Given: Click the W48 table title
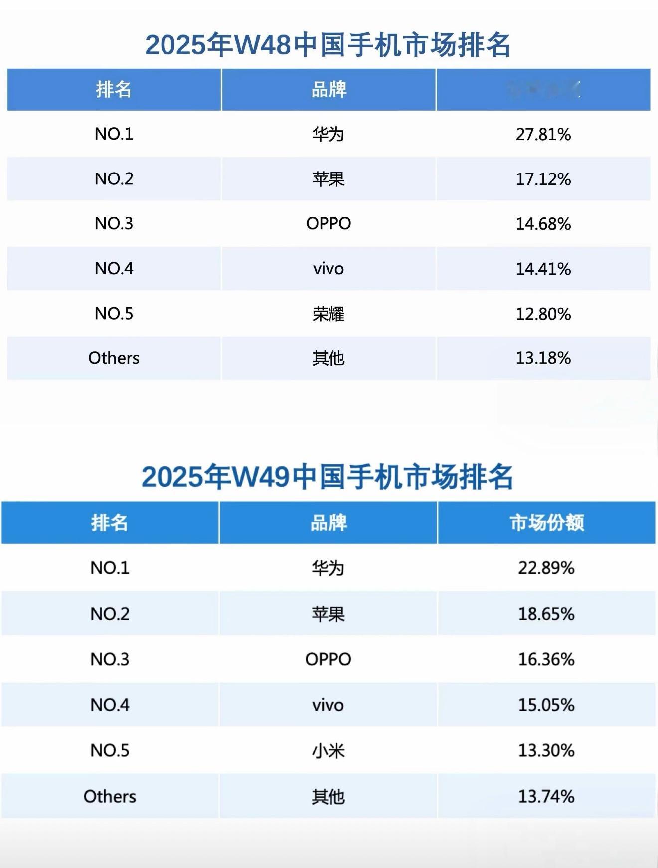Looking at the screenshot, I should [328, 45].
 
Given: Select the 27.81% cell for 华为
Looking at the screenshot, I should [543, 134].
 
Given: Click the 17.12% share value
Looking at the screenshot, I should [543, 179].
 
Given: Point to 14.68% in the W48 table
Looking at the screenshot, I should [543, 224].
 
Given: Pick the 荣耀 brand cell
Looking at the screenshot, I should [329, 314].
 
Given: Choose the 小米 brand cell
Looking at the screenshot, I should [328, 751].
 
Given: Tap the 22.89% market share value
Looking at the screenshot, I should [546, 568].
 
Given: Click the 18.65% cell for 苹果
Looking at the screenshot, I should [546, 614].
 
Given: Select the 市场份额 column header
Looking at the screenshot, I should [546, 522].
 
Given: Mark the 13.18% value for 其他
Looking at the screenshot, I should [543, 358].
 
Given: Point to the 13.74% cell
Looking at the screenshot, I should [546, 796].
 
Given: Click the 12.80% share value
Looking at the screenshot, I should [543, 314].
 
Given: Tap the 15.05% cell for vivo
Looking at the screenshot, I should [546, 705].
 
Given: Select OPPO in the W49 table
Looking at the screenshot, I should [328, 659].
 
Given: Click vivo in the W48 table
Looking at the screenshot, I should [329, 269].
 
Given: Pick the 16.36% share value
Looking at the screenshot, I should [546, 659].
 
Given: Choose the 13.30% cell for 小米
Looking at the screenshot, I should [546, 751].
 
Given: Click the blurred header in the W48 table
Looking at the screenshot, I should [543, 90].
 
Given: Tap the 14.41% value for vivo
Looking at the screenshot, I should [543, 269].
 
